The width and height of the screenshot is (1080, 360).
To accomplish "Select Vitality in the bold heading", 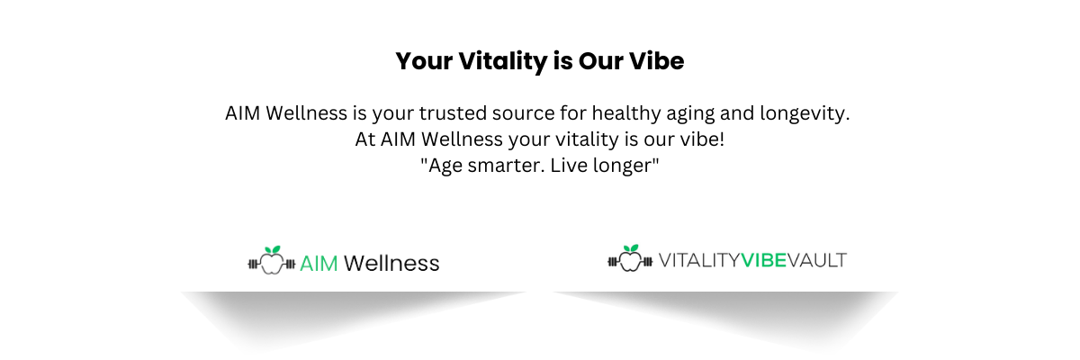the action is pos(503,62).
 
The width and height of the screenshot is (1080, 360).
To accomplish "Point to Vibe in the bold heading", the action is pos(656,61).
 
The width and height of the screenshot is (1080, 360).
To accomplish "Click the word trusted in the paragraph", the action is pos(453,113).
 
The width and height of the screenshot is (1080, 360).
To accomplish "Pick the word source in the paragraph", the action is pos(523,114).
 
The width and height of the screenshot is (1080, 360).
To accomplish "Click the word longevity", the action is pos(805,114).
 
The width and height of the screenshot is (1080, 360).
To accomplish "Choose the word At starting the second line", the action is pos(365,139).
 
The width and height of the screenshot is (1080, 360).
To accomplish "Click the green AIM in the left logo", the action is pos(319,264).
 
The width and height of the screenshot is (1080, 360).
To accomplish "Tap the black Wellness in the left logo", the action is pos(391,263).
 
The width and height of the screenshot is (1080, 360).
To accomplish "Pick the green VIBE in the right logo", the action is pos(763,260).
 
